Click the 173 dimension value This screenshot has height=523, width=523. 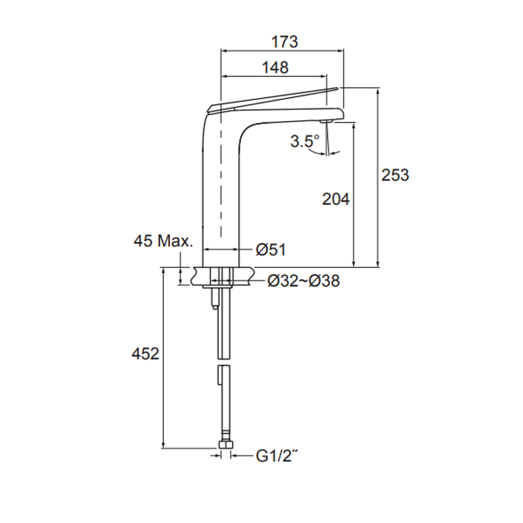point(284,41)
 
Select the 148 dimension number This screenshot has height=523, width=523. point(275,67)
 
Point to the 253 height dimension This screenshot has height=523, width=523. point(396,175)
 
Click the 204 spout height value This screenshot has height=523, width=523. point(336,200)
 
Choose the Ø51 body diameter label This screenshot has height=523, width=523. point(270,249)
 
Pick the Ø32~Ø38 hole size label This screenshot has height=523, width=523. point(303,281)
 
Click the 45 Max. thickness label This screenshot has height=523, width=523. point(163,241)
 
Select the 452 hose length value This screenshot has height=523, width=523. point(145,354)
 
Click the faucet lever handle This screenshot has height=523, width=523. point(275,98)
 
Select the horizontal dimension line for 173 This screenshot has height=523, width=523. point(281,51)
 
